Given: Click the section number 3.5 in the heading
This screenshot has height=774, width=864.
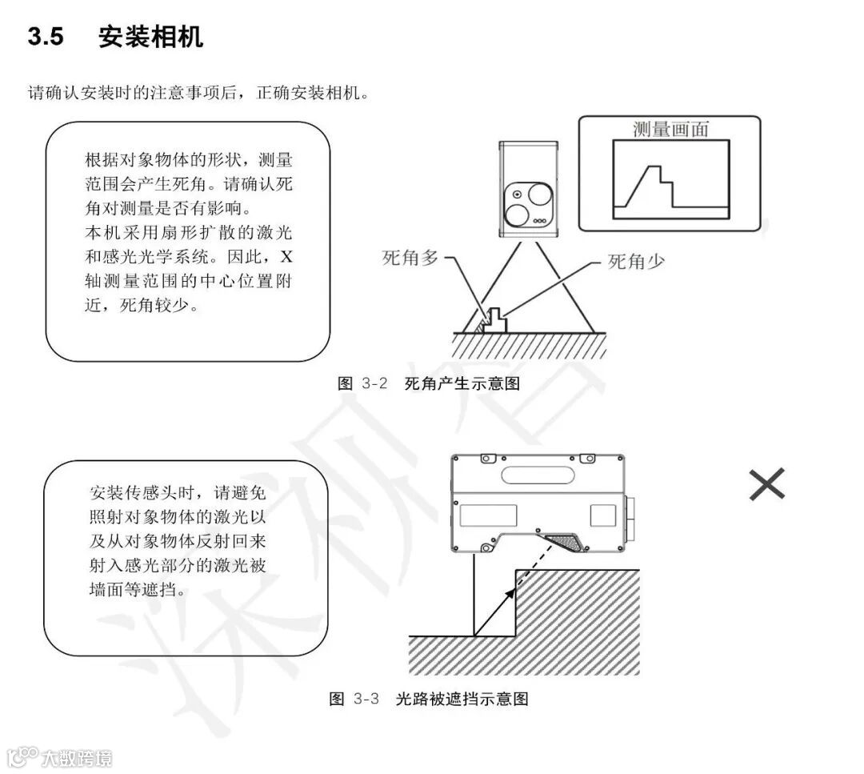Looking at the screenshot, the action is pos(46,37).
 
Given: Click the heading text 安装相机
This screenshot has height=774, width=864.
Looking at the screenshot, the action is pos(150,37).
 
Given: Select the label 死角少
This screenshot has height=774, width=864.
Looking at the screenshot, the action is pos(636,262).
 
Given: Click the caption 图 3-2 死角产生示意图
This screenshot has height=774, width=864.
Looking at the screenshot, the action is pos(429,383).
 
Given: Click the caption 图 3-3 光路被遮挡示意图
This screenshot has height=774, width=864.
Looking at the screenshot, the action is pos(429,699).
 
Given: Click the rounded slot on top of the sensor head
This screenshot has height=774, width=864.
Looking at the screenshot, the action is pos(537,473).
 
